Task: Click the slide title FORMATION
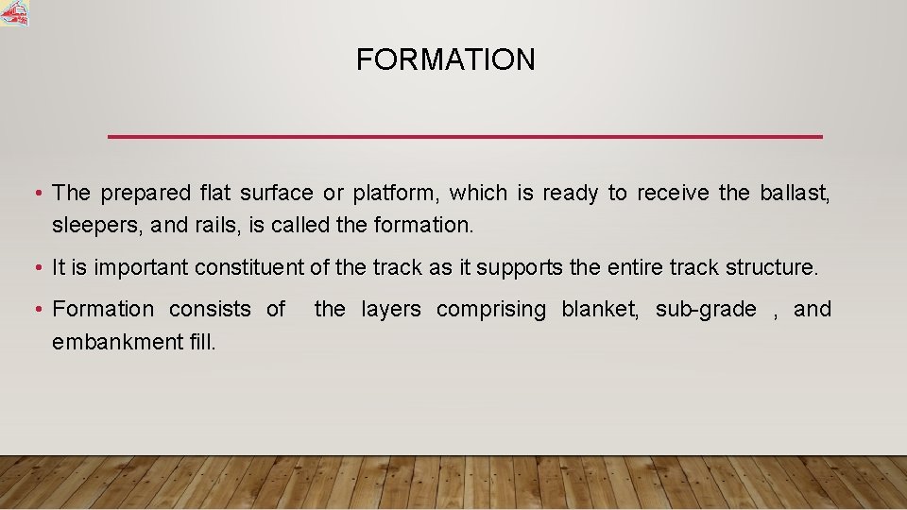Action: coord(445,60)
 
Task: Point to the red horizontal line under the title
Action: coord(465,137)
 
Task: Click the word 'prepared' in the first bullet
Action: coord(145,194)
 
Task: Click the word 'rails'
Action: coord(216,227)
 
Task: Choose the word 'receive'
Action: coord(673,194)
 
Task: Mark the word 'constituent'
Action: coord(249,268)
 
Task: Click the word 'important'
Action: coord(142,268)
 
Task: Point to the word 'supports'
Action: coord(522,268)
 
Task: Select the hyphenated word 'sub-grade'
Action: coord(706,310)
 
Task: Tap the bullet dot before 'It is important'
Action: coord(35,268)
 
